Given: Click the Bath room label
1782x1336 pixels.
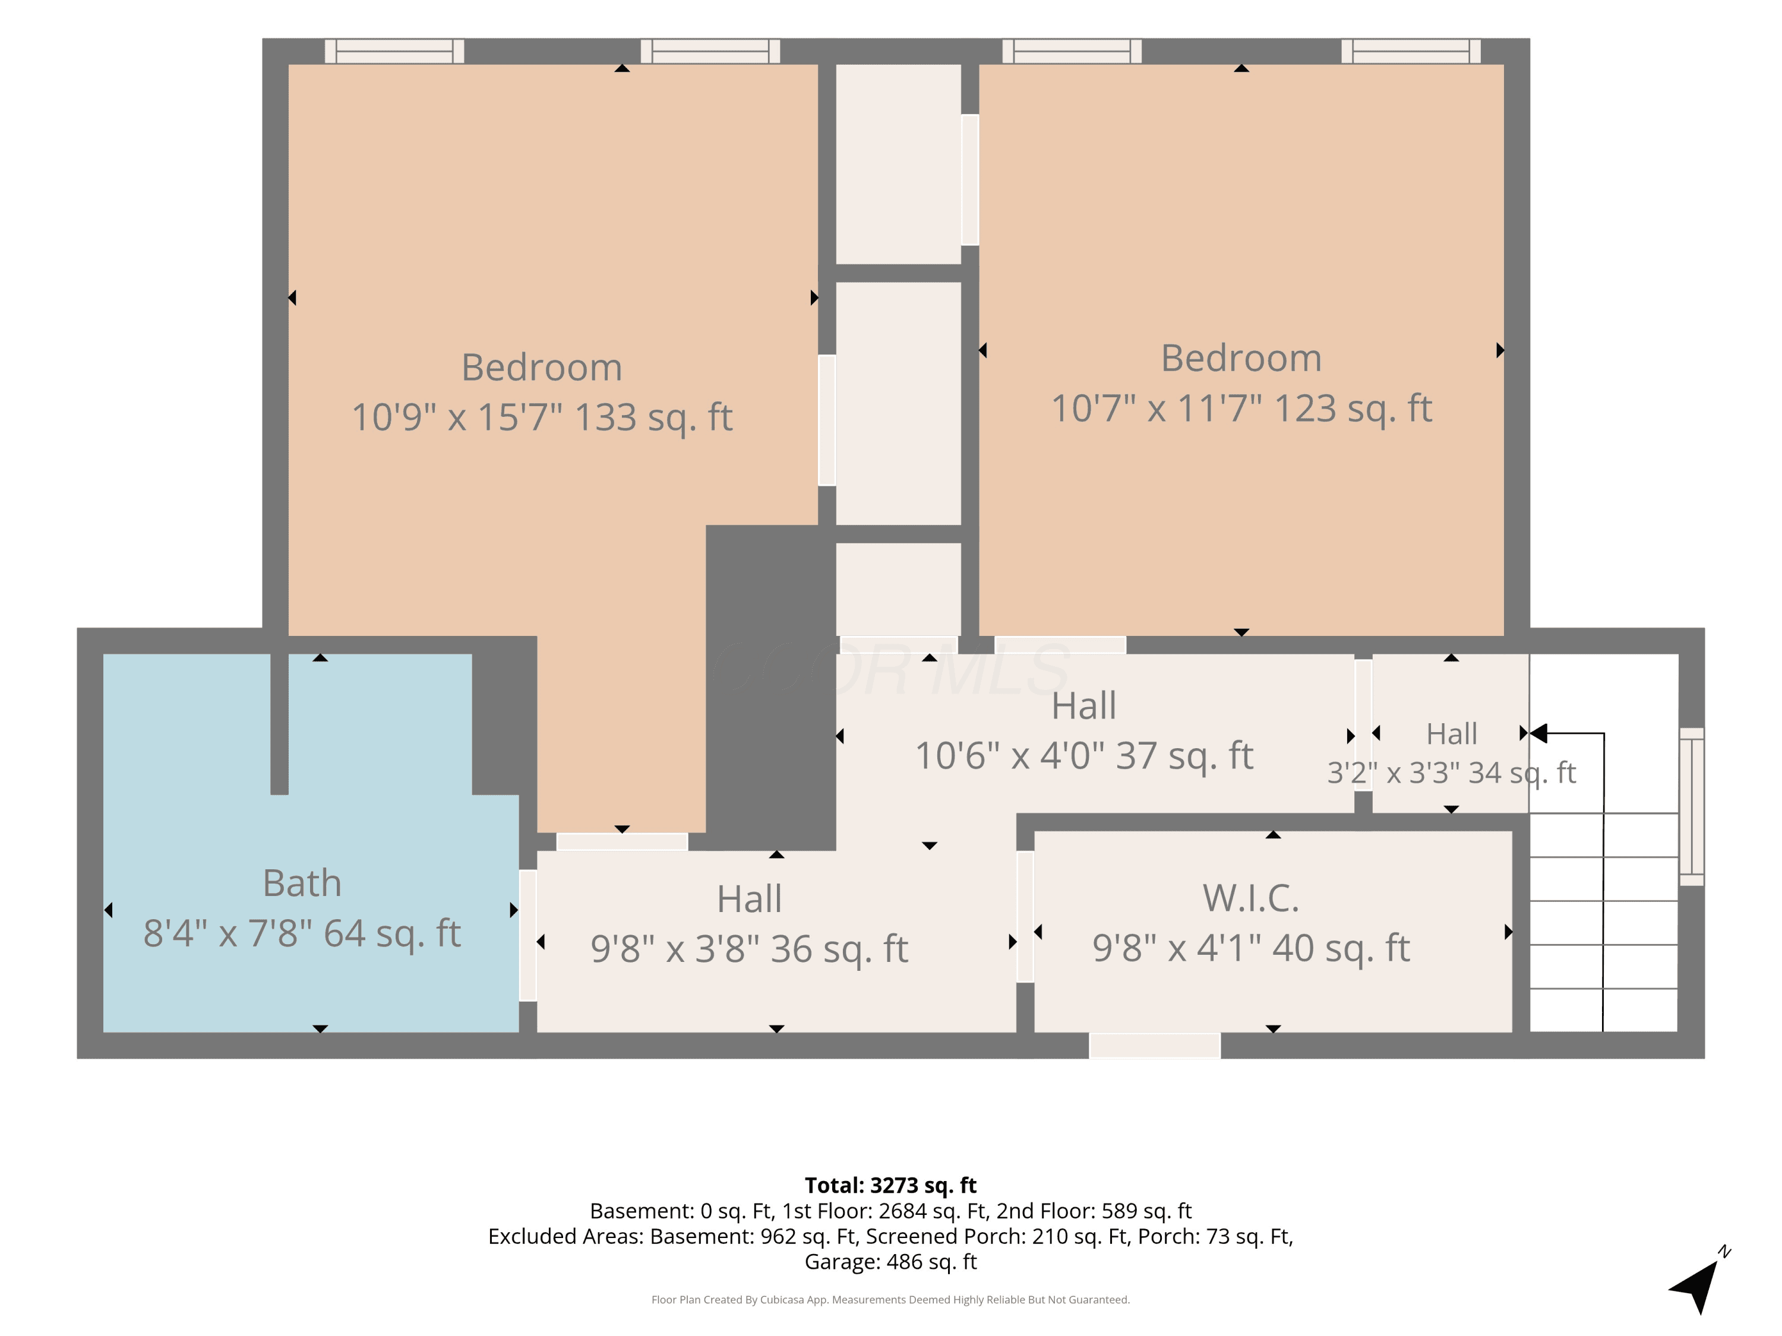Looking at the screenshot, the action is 302,884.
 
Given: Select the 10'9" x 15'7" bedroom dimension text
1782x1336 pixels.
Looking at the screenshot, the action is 542,417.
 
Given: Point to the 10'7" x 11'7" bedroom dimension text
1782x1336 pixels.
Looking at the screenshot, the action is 1241,409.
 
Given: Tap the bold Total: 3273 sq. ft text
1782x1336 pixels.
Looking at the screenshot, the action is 890,1185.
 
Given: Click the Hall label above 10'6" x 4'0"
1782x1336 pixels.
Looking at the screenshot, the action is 1083,706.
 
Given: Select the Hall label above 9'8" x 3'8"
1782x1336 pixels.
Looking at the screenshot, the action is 749,900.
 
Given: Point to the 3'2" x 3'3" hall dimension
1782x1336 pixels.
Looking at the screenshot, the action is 1452,773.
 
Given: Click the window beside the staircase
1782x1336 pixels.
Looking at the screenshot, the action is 1691,807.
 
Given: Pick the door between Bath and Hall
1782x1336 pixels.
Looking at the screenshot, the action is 527,936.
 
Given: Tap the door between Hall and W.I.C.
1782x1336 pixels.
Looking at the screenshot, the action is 1025,917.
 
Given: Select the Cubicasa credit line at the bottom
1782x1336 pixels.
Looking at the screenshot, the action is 890,1300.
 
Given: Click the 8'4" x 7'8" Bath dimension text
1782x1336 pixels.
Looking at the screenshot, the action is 302,933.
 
